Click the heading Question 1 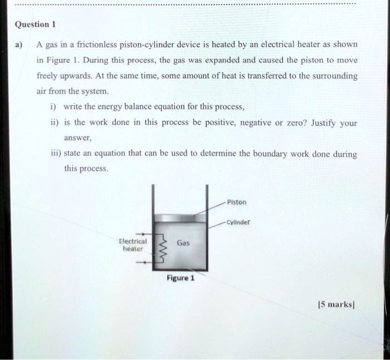point(36,25)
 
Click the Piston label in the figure point(237,202)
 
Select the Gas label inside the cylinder point(184,243)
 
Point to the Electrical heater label point(133,245)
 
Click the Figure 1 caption point(179,277)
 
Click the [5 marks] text point(337,305)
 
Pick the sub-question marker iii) point(55,153)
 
